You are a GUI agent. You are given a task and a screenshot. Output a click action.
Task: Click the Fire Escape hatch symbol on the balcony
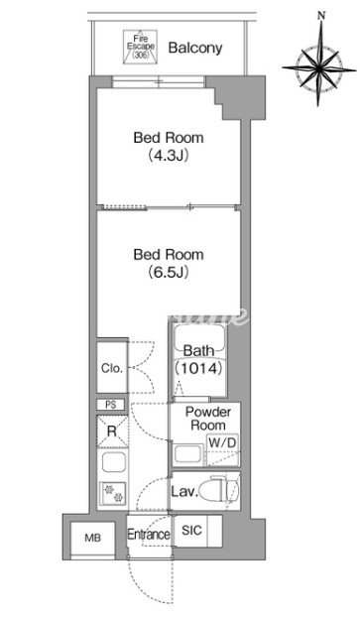tap(141, 47)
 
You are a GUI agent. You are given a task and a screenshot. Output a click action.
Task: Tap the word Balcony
tap(195, 48)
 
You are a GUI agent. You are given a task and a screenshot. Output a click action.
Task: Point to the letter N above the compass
tap(321, 15)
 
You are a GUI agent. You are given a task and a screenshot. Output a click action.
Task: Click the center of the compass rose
tap(319, 67)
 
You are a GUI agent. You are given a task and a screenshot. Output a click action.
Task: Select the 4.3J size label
tap(169, 156)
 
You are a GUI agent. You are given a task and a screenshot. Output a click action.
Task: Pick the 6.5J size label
tap(169, 272)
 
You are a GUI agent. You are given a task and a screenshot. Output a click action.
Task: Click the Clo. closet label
tap(112, 368)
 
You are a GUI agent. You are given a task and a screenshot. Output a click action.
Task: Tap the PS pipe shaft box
tap(111, 405)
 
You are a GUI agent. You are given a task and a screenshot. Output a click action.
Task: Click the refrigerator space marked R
tap(112, 432)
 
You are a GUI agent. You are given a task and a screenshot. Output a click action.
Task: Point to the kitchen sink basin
tap(114, 462)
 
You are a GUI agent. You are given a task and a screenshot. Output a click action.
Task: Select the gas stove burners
tap(113, 493)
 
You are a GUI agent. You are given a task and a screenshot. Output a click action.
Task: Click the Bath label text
tap(199, 350)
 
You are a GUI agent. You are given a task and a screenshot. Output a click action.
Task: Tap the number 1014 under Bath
tap(199, 368)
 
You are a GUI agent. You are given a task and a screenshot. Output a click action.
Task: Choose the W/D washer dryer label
tap(222, 442)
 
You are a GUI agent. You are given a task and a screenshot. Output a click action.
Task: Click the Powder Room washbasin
tap(188, 455)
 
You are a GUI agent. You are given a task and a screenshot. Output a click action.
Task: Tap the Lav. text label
tap(183, 492)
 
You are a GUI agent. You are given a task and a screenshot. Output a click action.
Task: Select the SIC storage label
tap(191, 531)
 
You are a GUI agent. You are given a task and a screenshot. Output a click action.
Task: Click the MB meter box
tap(92, 538)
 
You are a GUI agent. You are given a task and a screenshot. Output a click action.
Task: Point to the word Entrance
tap(149, 535)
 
